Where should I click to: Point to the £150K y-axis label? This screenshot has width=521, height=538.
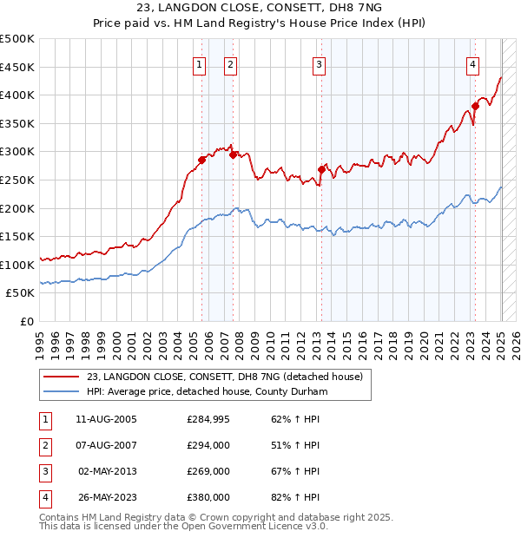(x=17, y=236)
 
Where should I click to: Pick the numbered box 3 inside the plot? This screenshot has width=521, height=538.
(x=319, y=64)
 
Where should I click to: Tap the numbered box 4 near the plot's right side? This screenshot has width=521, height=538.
(x=472, y=64)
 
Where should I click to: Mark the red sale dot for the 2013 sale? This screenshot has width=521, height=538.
(x=320, y=170)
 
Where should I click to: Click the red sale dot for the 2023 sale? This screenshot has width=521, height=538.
(x=476, y=107)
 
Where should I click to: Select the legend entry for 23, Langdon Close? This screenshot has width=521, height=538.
(x=229, y=377)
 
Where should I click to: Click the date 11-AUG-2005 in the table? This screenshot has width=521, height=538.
(x=107, y=419)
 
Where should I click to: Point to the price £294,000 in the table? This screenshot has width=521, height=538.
(x=208, y=445)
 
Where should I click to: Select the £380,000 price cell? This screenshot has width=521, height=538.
(x=208, y=497)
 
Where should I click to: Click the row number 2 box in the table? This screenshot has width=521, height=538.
(x=44, y=445)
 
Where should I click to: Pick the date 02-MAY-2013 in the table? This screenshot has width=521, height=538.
(x=107, y=471)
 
